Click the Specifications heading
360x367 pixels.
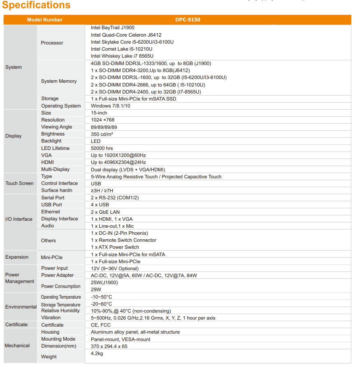coord(36,5)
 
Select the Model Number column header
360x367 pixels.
coord(44,20)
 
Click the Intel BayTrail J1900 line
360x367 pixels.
coord(112,28)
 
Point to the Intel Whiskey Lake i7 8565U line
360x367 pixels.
coord(122,56)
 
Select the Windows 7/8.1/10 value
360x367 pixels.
coord(110,106)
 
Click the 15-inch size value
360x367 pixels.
coord(99,113)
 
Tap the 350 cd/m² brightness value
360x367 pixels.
coord(102,134)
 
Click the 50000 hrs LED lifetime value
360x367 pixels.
coord(102,148)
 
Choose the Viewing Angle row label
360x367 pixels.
coord(56,127)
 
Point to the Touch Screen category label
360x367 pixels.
coord(19,183)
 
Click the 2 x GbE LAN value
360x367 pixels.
coord(105,212)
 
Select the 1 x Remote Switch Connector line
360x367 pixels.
coord(123,240)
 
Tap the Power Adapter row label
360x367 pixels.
coord(57,275)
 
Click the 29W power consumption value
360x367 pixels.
coord(95,290)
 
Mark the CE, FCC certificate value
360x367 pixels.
coord(100,325)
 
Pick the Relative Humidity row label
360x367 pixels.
coord(60,311)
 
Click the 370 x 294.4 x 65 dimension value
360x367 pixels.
coord(109,346)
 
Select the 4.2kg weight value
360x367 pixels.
coord(97,353)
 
